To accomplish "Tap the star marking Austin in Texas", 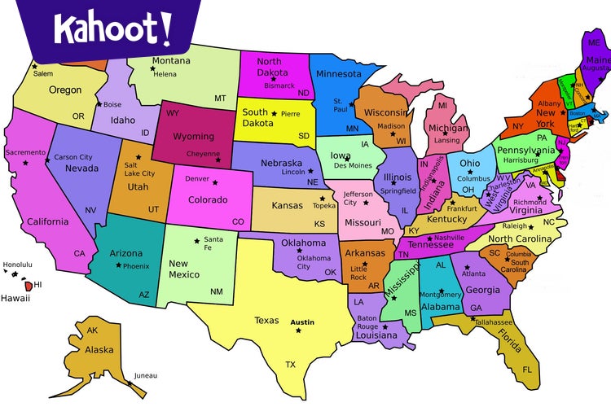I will click(x=300, y=322).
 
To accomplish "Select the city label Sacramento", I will click(x=25, y=152).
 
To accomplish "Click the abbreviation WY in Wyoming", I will click(x=173, y=112).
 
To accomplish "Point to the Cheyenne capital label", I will click(x=204, y=152).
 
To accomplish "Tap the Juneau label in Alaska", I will click(x=147, y=375).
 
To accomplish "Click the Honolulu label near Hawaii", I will click(x=18, y=265).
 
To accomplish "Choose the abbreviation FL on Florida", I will click(x=527, y=370).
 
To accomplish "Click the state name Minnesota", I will click(x=339, y=75).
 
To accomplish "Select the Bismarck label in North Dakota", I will click(x=280, y=85).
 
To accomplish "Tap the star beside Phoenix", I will click(x=119, y=265).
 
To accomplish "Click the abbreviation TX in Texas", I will click(x=290, y=364).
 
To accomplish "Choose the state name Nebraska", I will click(x=282, y=163).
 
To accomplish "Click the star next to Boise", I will click(x=99, y=104).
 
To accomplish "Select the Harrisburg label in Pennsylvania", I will click(x=521, y=160).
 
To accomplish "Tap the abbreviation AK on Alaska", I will click(x=92, y=330).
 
